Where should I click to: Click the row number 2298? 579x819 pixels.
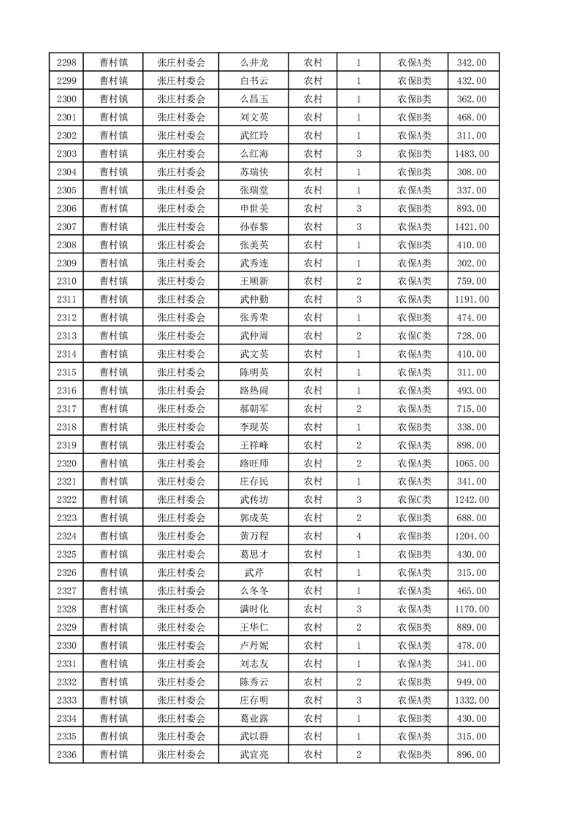tap(66, 63)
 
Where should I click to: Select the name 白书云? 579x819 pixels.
tap(254, 81)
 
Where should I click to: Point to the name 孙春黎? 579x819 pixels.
tap(254, 227)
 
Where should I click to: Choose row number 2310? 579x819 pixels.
tap(66, 282)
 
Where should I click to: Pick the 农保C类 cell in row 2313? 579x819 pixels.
tap(414, 336)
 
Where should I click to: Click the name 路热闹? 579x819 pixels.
tap(254, 391)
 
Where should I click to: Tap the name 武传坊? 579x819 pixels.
tap(254, 500)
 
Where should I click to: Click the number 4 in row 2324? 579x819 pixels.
tap(358, 537)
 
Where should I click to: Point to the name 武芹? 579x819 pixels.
tap(254, 573)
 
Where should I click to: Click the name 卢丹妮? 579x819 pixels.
tap(254, 646)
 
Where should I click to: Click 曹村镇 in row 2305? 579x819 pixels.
tap(113, 191)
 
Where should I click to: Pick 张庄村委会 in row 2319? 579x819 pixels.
tap(181, 445)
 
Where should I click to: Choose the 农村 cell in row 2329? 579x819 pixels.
tap(313, 628)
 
